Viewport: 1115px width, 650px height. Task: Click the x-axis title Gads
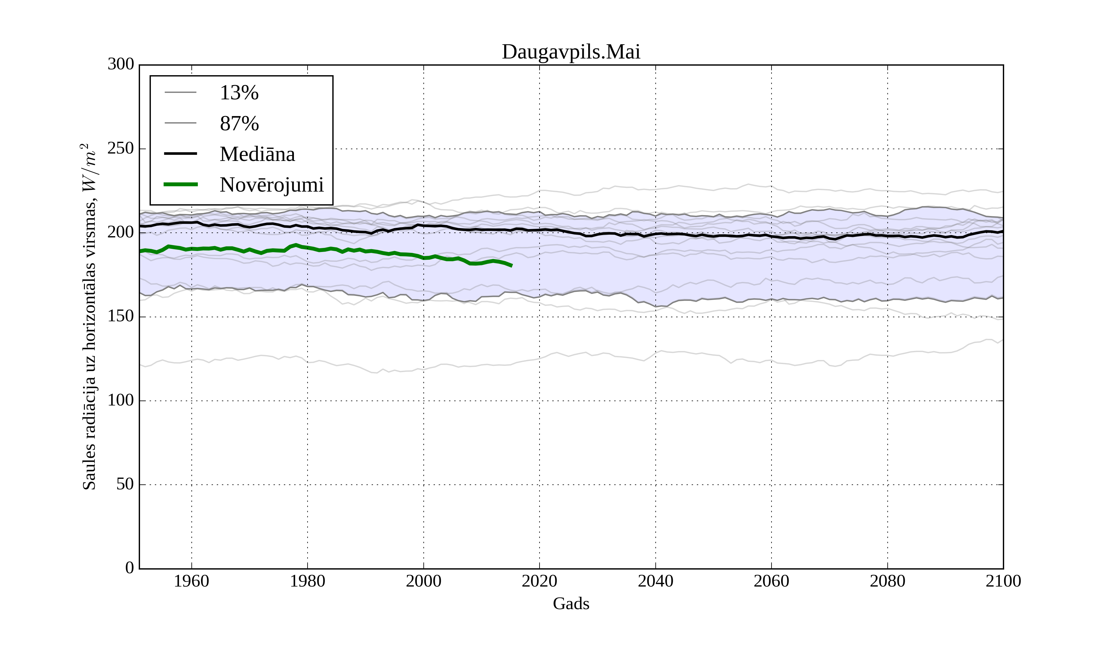pyautogui.click(x=571, y=604)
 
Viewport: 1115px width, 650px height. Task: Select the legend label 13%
pyautogui.click(x=239, y=93)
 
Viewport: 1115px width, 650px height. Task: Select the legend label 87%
pyautogui.click(x=239, y=123)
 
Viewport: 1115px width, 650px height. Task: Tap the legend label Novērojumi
pyautogui.click(x=272, y=184)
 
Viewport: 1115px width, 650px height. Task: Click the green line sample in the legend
pyautogui.click(x=181, y=184)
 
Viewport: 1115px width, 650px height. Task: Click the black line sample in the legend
pyautogui.click(x=181, y=154)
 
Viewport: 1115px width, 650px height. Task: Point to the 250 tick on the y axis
pyautogui.click(x=120, y=148)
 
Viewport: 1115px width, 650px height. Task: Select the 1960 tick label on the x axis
pyautogui.click(x=192, y=581)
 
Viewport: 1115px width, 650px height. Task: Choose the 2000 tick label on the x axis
pyautogui.click(x=423, y=581)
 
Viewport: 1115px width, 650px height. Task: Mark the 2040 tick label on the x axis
pyautogui.click(x=655, y=581)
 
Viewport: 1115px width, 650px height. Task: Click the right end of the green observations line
pyautogui.click(x=511, y=266)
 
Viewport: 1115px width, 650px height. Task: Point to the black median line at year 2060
pyautogui.click(x=771, y=236)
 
